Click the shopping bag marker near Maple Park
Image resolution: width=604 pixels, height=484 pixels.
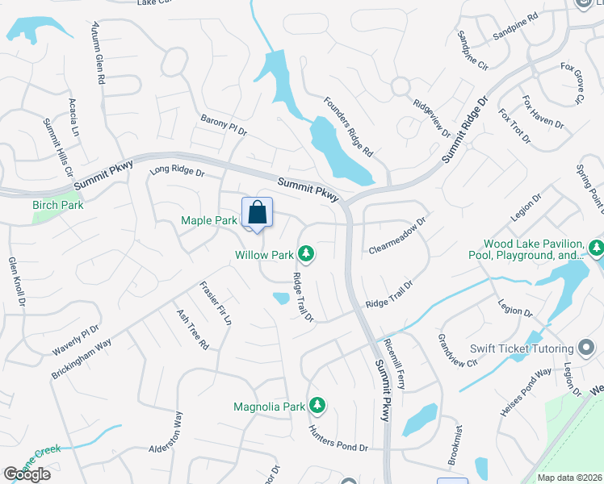point(257,214)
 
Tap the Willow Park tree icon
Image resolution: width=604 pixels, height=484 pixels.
point(306,255)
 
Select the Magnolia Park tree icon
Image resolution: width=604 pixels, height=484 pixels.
point(318,404)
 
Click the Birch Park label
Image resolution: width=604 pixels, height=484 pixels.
point(58,205)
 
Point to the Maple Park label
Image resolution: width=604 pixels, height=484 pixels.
point(209,220)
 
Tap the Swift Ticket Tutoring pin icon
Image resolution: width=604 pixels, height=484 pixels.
point(587,348)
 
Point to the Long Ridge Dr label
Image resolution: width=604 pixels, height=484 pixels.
point(178,173)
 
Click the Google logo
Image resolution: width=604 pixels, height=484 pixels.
point(27,474)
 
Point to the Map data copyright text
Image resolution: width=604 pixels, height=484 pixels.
point(569,478)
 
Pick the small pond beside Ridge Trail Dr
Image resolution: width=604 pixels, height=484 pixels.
point(281,298)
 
